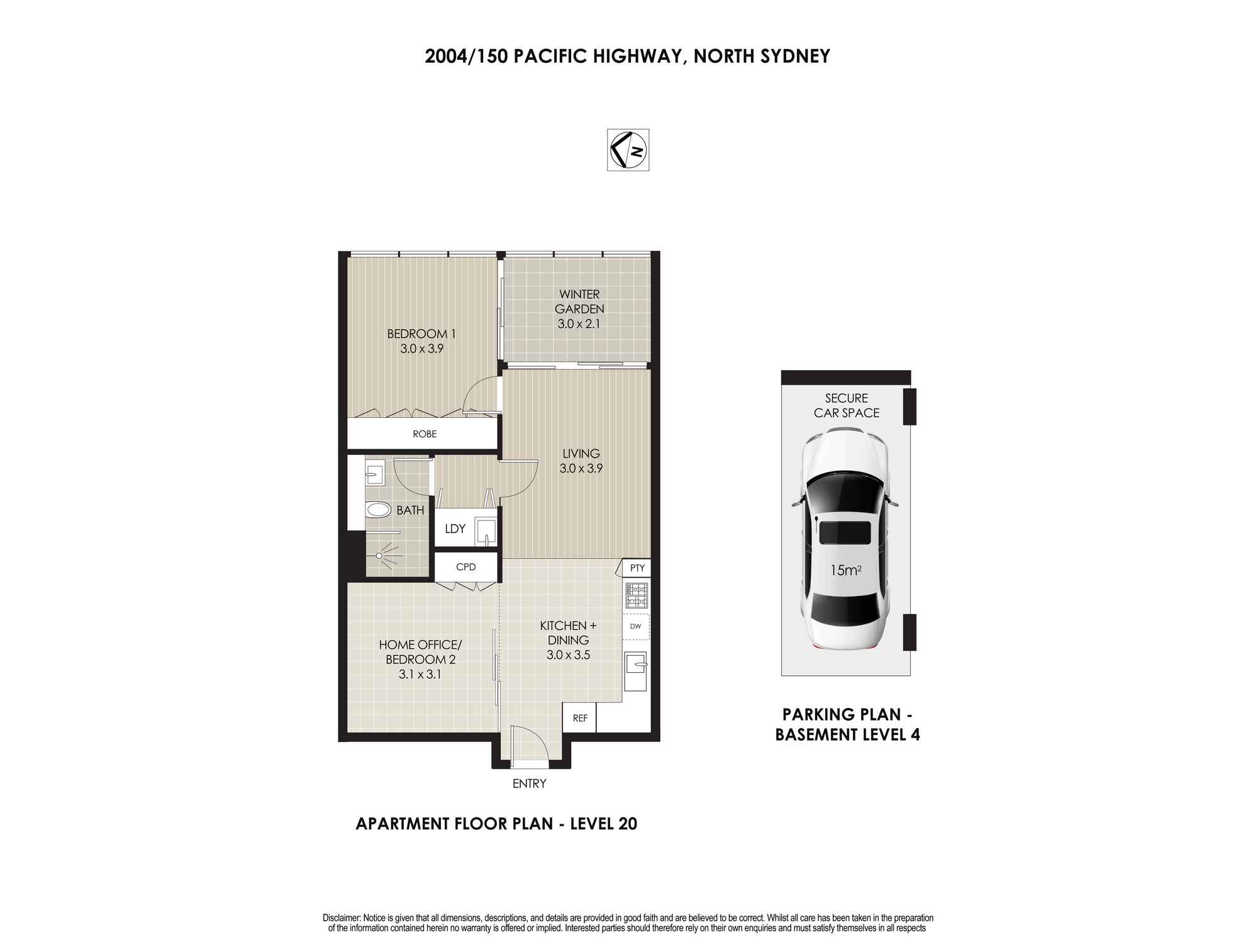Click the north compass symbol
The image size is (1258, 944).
tap(628, 150)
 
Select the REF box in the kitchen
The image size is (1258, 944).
tap(579, 717)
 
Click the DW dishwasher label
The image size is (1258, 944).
tap(635, 626)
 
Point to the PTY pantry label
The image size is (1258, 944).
tap(637, 568)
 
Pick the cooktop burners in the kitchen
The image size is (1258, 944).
tap(636, 594)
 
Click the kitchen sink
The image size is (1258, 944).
tap(636, 663)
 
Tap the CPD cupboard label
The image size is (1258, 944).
tap(466, 567)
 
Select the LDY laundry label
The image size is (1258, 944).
tap(455, 529)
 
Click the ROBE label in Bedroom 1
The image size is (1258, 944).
tap(425, 434)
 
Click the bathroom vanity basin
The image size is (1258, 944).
tap(374, 471)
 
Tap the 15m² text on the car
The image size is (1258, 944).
tap(846, 570)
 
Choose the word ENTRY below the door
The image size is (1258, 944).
tap(529, 784)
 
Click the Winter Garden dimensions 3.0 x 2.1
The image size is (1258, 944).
tap(579, 324)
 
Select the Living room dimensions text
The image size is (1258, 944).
tap(581, 468)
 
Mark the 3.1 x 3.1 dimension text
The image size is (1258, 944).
tap(420, 675)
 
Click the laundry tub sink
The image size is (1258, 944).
tap(486, 530)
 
